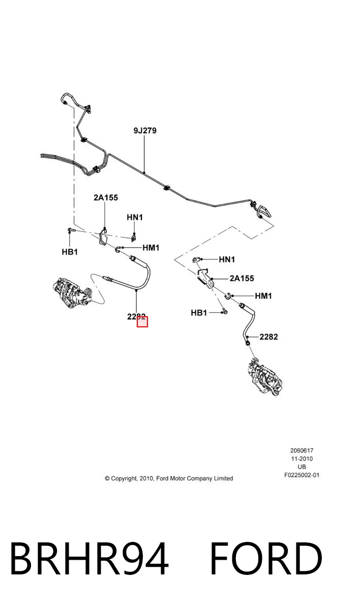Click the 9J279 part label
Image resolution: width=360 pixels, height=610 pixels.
[x=145, y=131]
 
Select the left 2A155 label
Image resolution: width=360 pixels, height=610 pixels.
[x=106, y=197]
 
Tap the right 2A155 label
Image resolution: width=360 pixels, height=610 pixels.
[x=242, y=279]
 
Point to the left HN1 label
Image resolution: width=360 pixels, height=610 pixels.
[x=135, y=218]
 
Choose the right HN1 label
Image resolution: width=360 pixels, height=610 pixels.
[x=227, y=260]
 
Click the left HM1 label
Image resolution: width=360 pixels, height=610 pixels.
[x=151, y=248]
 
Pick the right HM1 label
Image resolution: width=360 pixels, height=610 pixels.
[x=263, y=296]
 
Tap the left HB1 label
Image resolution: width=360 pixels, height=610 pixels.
[x=70, y=252]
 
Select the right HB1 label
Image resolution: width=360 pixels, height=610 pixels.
[x=199, y=313]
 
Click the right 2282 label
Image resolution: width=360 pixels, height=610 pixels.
[x=269, y=337]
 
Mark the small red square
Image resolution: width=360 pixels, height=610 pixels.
[x=142, y=322]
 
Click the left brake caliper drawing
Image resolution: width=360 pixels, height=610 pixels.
[x=72, y=292]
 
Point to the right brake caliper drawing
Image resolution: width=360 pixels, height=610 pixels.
[x=265, y=377]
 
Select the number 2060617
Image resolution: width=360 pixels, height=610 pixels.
[x=302, y=451]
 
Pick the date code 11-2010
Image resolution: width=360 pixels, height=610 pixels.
[x=302, y=459]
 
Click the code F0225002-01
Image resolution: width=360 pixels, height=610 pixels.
[x=302, y=475]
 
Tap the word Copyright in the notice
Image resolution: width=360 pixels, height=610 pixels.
[x=124, y=479]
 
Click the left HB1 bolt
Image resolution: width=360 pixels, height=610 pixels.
[x=71, y=230]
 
